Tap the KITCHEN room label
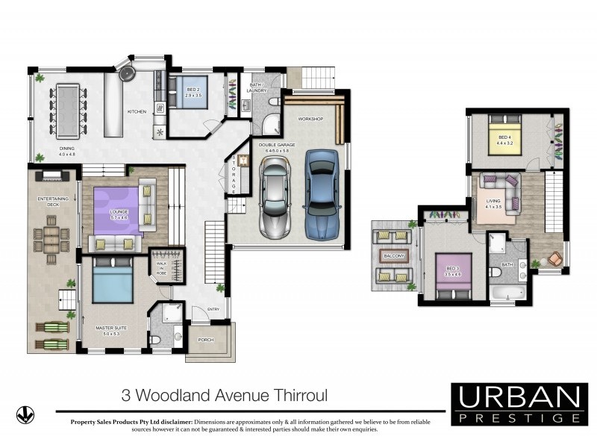(137, 111)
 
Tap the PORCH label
(205, 340)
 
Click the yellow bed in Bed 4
(504, 140)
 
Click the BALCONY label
(393, 256)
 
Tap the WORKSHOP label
(310, 119)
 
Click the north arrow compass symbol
(25, 414)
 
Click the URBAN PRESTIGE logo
(519, 404)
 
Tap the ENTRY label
(214, 309)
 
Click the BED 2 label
(194, 91)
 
